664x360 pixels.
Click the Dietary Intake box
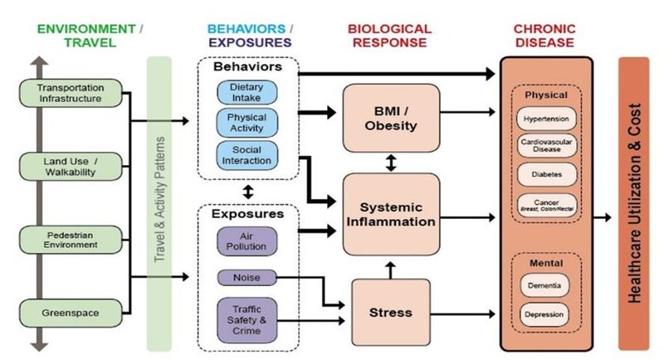pos(247,93)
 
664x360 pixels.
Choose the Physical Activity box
pos(247,123)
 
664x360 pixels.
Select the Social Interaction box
pos(247,153)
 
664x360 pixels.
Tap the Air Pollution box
pos(247,241)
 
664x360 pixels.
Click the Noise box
pos(247,277)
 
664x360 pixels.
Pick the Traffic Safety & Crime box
pos(247,318)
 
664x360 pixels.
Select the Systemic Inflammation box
pos(390,214)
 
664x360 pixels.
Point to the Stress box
pos(390,313)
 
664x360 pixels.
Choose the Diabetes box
pos(546,174)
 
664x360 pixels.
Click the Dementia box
pos(546,286)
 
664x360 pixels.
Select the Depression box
pos(546,315)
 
